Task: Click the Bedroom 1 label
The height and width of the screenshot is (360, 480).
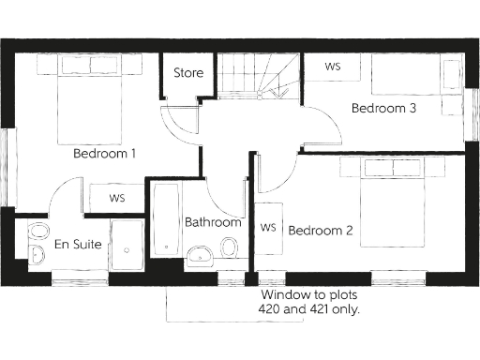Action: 105,153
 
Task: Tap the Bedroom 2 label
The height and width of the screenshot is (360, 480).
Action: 320,231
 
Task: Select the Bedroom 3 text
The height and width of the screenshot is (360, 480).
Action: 383,109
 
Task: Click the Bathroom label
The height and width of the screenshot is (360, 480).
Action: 213,223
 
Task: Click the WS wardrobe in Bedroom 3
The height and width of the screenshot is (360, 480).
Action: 332,67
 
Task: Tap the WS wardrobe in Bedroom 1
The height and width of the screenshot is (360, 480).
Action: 117,198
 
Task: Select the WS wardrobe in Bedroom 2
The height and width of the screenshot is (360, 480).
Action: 267,227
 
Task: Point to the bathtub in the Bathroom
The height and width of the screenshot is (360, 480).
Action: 167,225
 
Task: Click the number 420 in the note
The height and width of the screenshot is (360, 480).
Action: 272,308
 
